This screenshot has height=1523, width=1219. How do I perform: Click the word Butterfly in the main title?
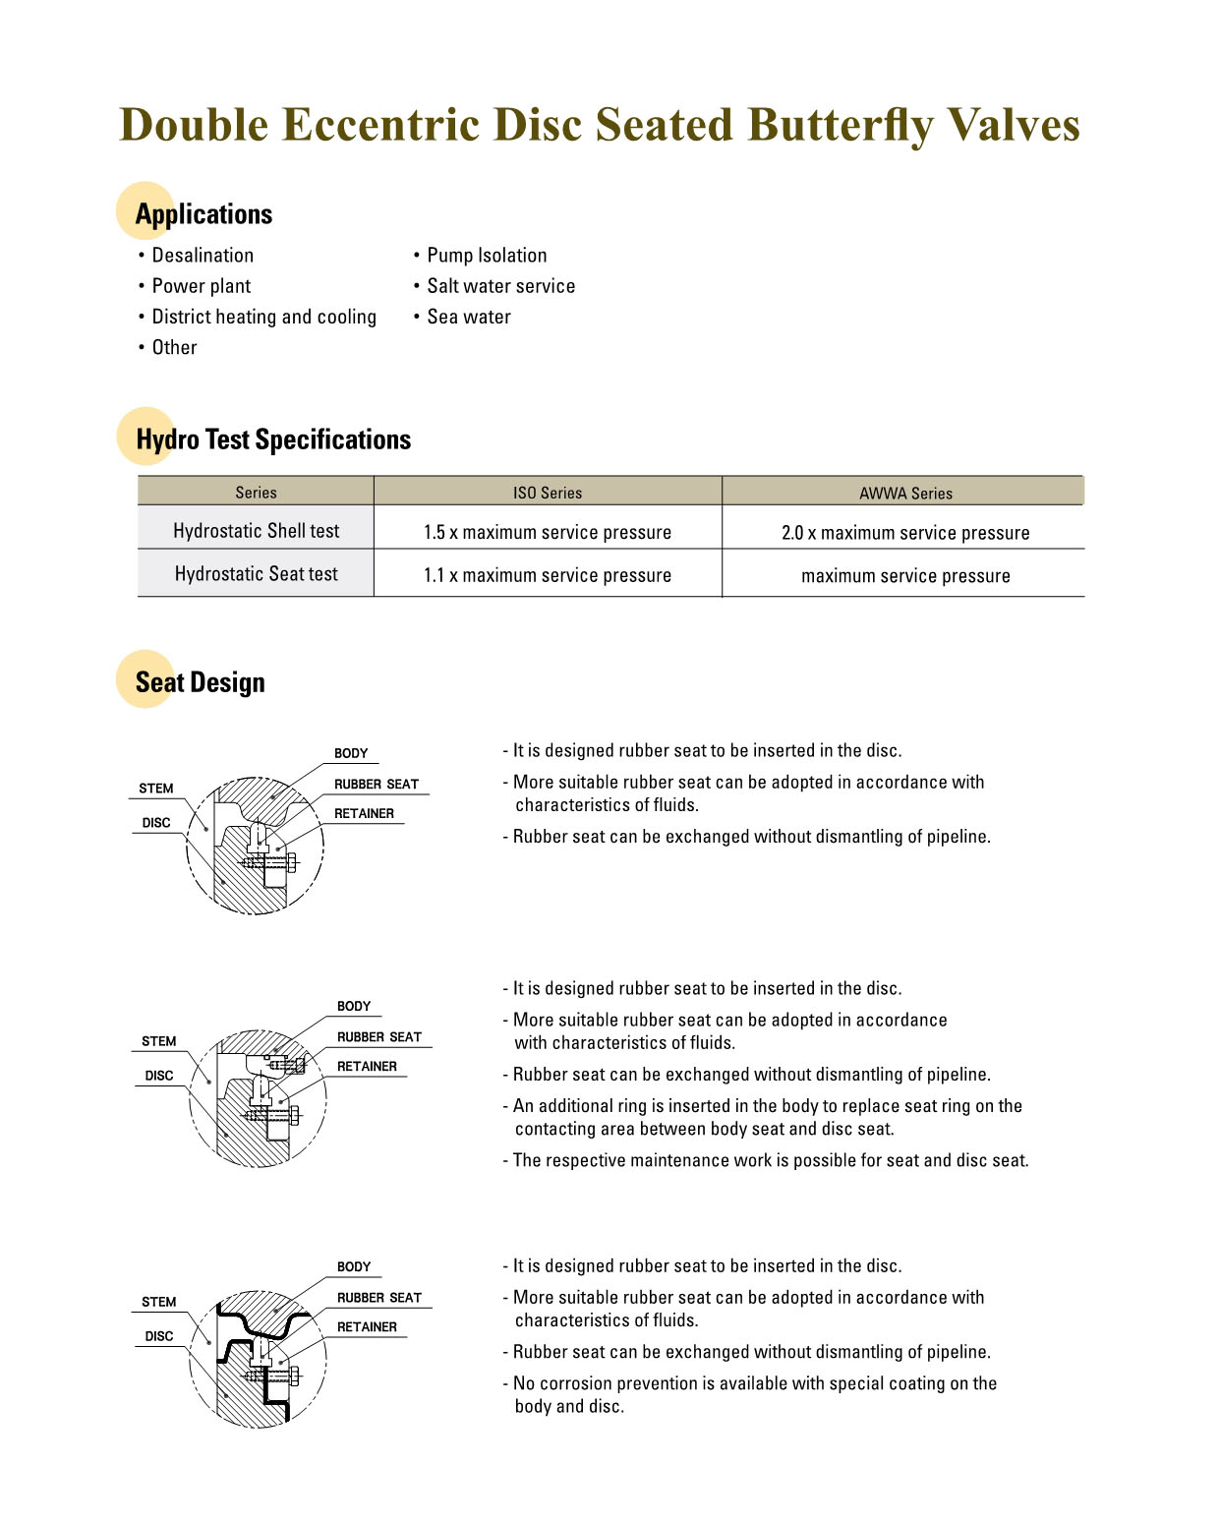pyautogui.click(x=839, y=126)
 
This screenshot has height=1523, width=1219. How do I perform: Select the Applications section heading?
pyautogui.click(x=203, y=214)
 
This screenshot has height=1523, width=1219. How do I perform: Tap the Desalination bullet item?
pyautogui.click(x=203, y=256)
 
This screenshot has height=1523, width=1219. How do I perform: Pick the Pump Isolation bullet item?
pyautogui.click(x=487, y=256)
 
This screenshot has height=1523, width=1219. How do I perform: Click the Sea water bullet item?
pyautogui.click(x=469, y=317)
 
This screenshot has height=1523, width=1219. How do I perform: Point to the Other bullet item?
pyautogui.click(x=174, y=347)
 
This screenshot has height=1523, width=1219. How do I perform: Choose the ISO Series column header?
pyautogui.click(x=548, y=493)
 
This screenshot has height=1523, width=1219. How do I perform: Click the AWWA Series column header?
pyautogui.click(x=905, y=493)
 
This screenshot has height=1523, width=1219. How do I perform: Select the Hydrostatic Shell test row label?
pyautogui.click(x=256, y=531)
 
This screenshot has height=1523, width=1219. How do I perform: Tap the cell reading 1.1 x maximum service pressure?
pyautogui.click(x=548, y=575)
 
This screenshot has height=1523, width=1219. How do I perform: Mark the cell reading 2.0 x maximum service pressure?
pyautogui.click(x=905, y=533)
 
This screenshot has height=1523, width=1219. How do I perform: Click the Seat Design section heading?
pyautogui.click(x=201, y=682)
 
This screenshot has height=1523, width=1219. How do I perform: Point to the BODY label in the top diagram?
pyautogui.click(x=351, y=753)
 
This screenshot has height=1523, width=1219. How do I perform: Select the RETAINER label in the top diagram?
pyautogui.click(x=364, y=813)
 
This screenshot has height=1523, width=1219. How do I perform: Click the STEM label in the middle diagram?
pyautogui.click(x=158, y=1041)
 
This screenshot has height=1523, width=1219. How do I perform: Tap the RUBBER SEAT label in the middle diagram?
pyautogui.click(x=379, y=1037)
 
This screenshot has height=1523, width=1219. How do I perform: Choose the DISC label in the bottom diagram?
pyautogui.click(x=158, y=1336)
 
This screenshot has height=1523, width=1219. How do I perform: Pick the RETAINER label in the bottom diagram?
pyautogui.click(x=367, y=1326)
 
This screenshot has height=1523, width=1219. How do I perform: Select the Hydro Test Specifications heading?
pyautogui.click(x=273, y=439)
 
